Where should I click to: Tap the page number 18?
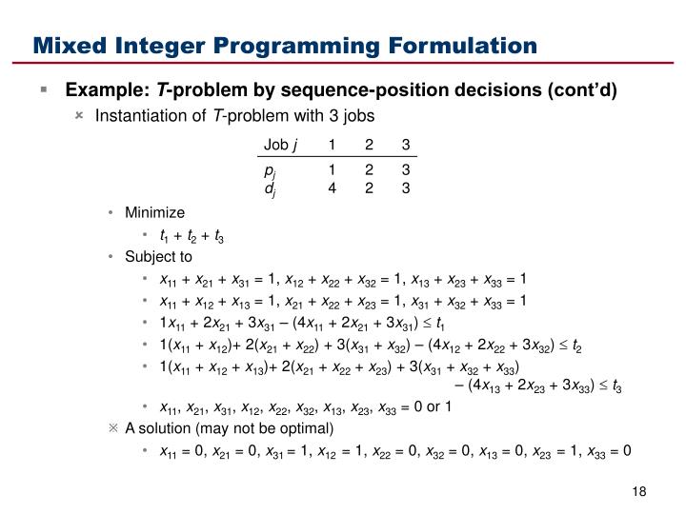(x=639, y=490)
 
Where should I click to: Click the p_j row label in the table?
(x=271, y=169)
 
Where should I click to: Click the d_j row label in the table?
(x=271, y=188)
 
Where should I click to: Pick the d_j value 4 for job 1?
(x=332, y=188)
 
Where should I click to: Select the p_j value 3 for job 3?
(x=405, y=169)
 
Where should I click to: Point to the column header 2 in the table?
(x=369, y=145)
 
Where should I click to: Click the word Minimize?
(x=154, y=212)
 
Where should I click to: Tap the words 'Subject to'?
(x=158, y=256)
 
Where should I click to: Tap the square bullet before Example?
(x=44, y=90)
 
